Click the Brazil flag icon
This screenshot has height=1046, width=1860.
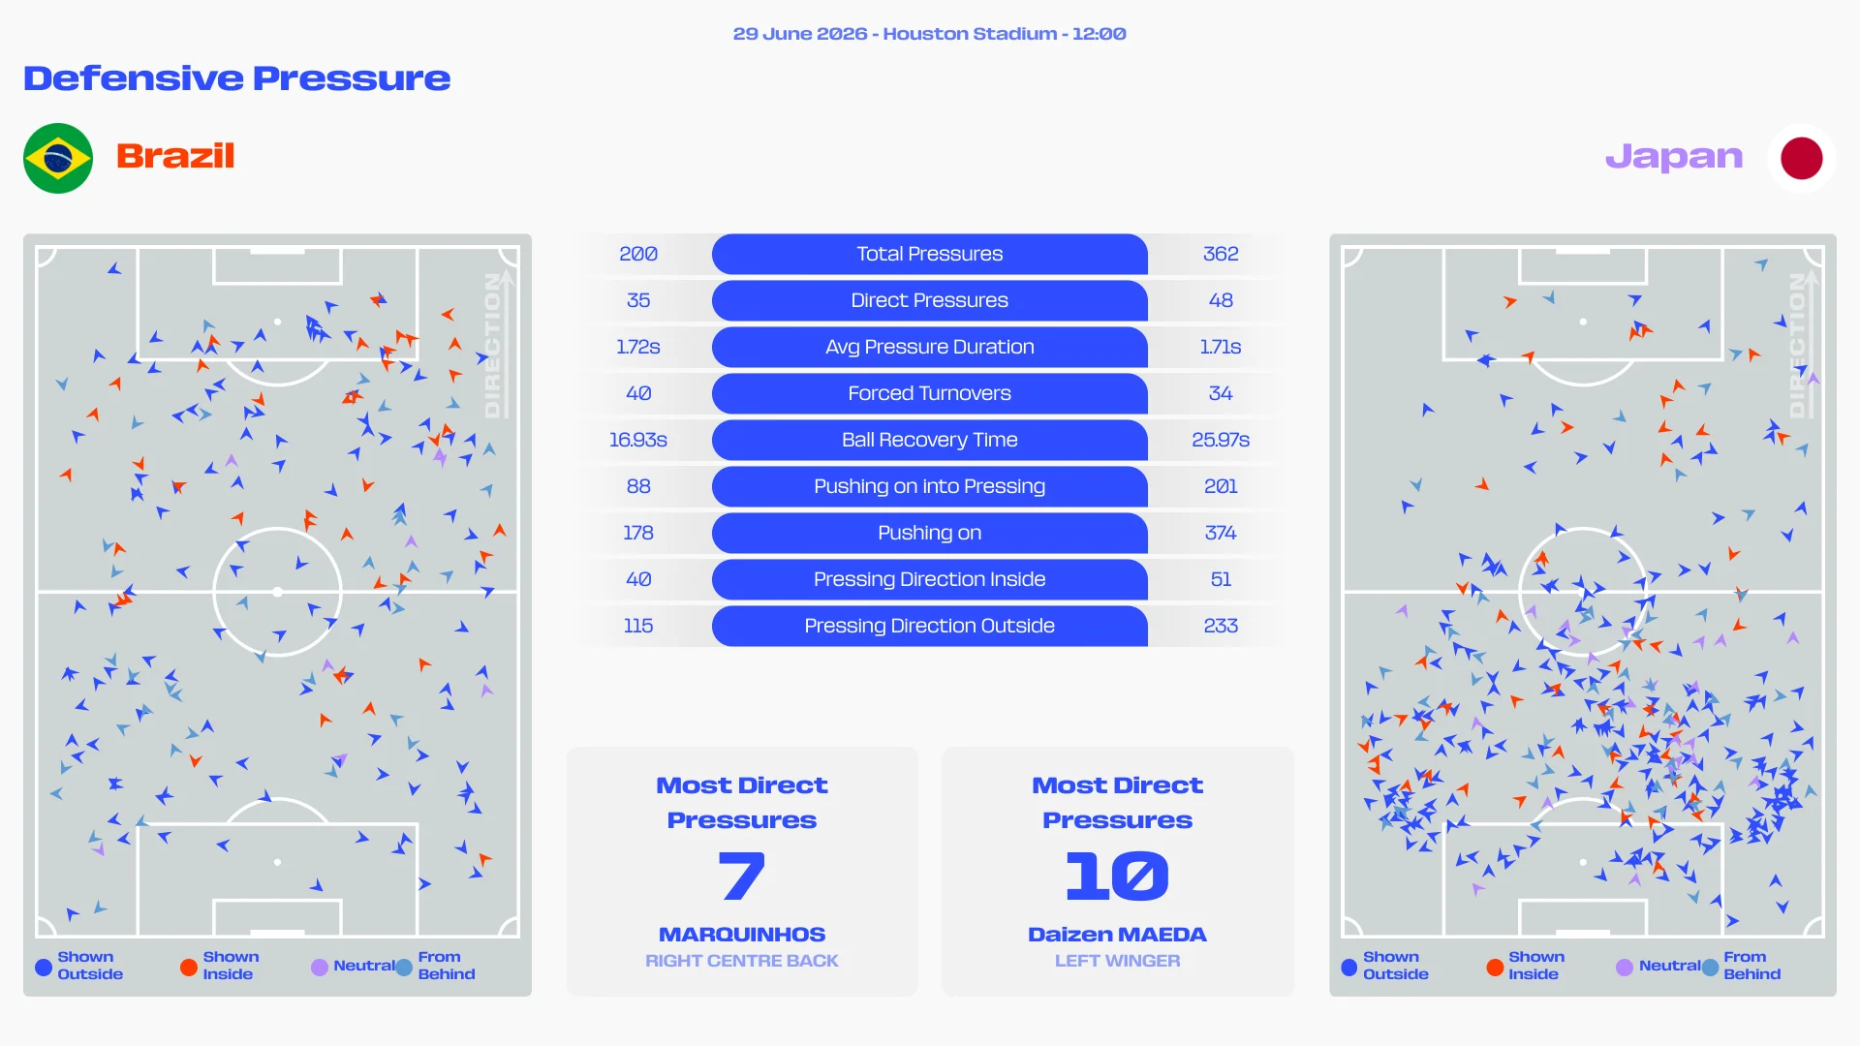pos(58,158)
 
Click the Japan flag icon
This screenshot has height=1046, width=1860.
pos(1801,158)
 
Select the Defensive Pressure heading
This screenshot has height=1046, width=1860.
pos(237,78)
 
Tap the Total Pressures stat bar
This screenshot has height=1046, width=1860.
pos(930,254)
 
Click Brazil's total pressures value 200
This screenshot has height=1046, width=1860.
pos(638,254)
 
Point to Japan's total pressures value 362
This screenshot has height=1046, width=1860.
pos(1221,254)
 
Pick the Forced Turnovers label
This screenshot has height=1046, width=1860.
pos(930,393)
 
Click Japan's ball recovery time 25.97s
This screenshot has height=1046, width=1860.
pos(1221,440)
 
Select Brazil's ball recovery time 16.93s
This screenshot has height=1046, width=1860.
pos(638,440)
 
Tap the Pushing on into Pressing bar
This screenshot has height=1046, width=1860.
pos(930,486)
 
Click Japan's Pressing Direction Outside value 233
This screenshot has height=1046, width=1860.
pos(1221,626)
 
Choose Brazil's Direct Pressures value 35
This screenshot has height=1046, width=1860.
pos(638,300)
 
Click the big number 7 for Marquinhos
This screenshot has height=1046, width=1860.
pos(742,876)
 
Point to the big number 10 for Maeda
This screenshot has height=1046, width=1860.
pos(1117,876)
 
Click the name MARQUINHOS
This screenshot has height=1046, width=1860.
pos(742,935)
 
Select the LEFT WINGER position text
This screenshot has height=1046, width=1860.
pos(1117,961)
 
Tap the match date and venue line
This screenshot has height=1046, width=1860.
pos(930,34)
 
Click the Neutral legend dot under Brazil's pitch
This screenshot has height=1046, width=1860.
pos(320,967)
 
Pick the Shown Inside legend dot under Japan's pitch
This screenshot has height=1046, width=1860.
pos(1495,967)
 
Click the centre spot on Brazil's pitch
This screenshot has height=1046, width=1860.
pos(277,592)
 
